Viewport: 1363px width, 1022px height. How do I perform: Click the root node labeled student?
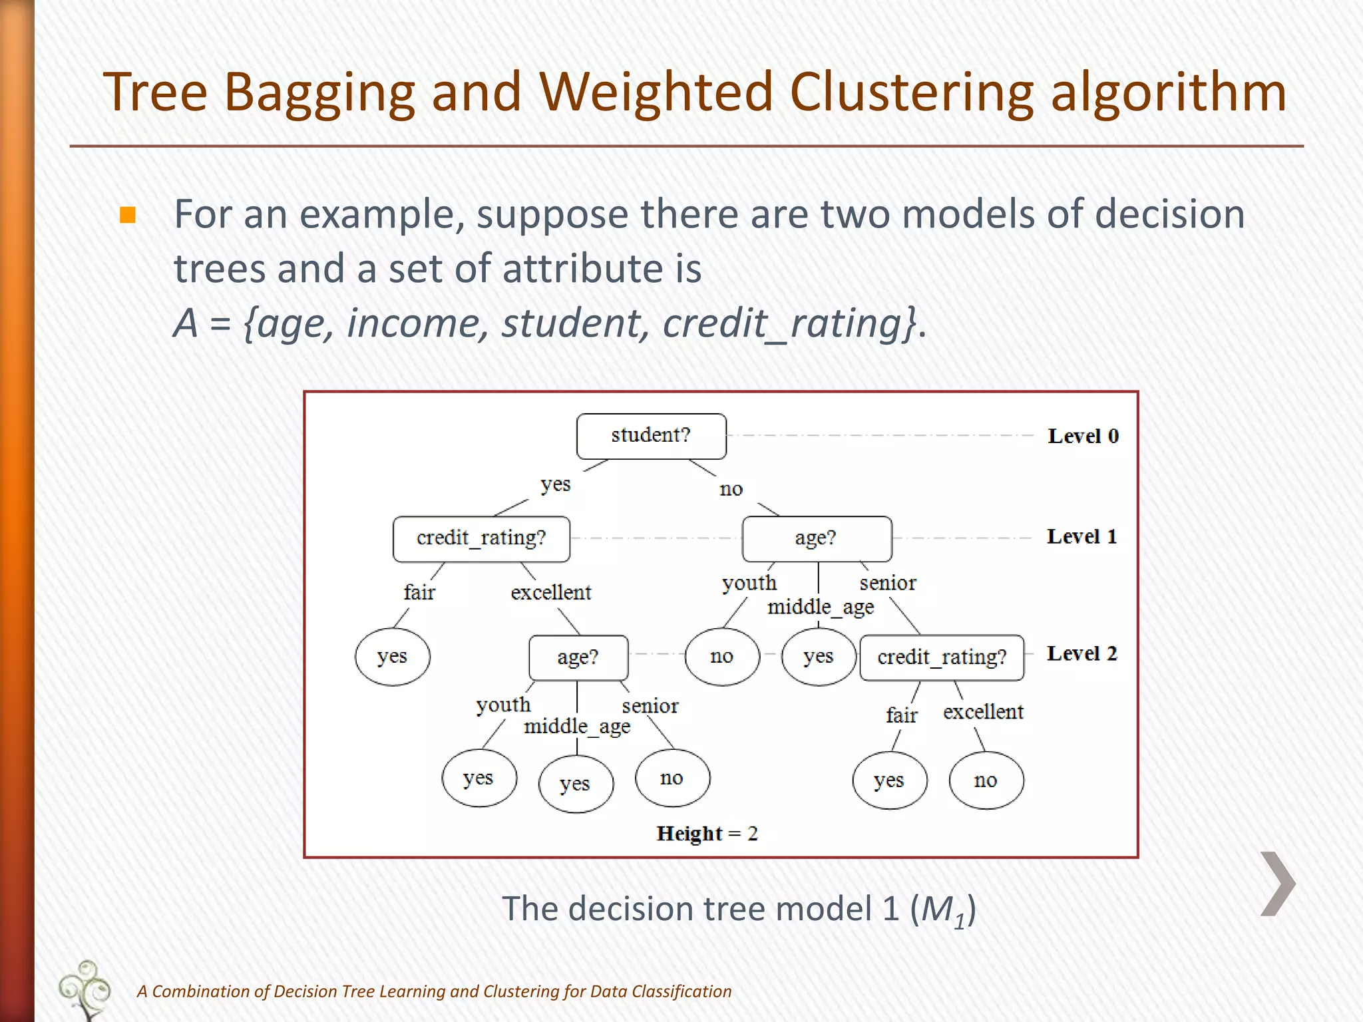pyautogui.click(x=651, y=436)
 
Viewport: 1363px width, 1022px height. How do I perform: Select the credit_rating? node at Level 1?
pyautogui.click(x=481, y=538)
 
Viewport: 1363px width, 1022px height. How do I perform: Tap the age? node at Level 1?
pyautogui.click(x=817, y=538)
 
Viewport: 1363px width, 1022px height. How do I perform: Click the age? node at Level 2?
pyautogui.click(x=578, y=657)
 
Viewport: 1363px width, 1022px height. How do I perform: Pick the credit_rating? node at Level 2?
pyautogui.click(x=942, y=657)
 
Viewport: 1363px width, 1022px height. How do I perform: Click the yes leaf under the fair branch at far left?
pyautogui.click(x=393, y=657)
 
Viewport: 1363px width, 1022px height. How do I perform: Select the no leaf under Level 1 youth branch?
pyautogui.click(x=722, y=657)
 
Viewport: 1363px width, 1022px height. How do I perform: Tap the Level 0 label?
pyautogui.click(x=1083, y=436)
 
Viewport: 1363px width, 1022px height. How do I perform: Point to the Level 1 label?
pyautogui.click(x=1081, y=537)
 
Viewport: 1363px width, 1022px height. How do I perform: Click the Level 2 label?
pyautogui.click(x=1081, y=654)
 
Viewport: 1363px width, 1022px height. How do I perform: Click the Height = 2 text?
pyautogui.click(x=707, y=834)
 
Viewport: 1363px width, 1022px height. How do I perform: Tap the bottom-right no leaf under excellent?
pyautogui.click(x=986, y=780)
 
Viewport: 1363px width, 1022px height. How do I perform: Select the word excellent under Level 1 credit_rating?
pyautogui.click(x=550, y=592)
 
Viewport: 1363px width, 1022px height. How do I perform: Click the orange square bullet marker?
pyautogui.click(x=128, y=215)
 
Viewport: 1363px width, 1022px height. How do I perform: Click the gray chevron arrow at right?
pyautogui.click(x=1278, y=884)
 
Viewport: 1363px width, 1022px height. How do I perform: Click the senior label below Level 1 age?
pyautogui.click(x=888, y=584)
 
